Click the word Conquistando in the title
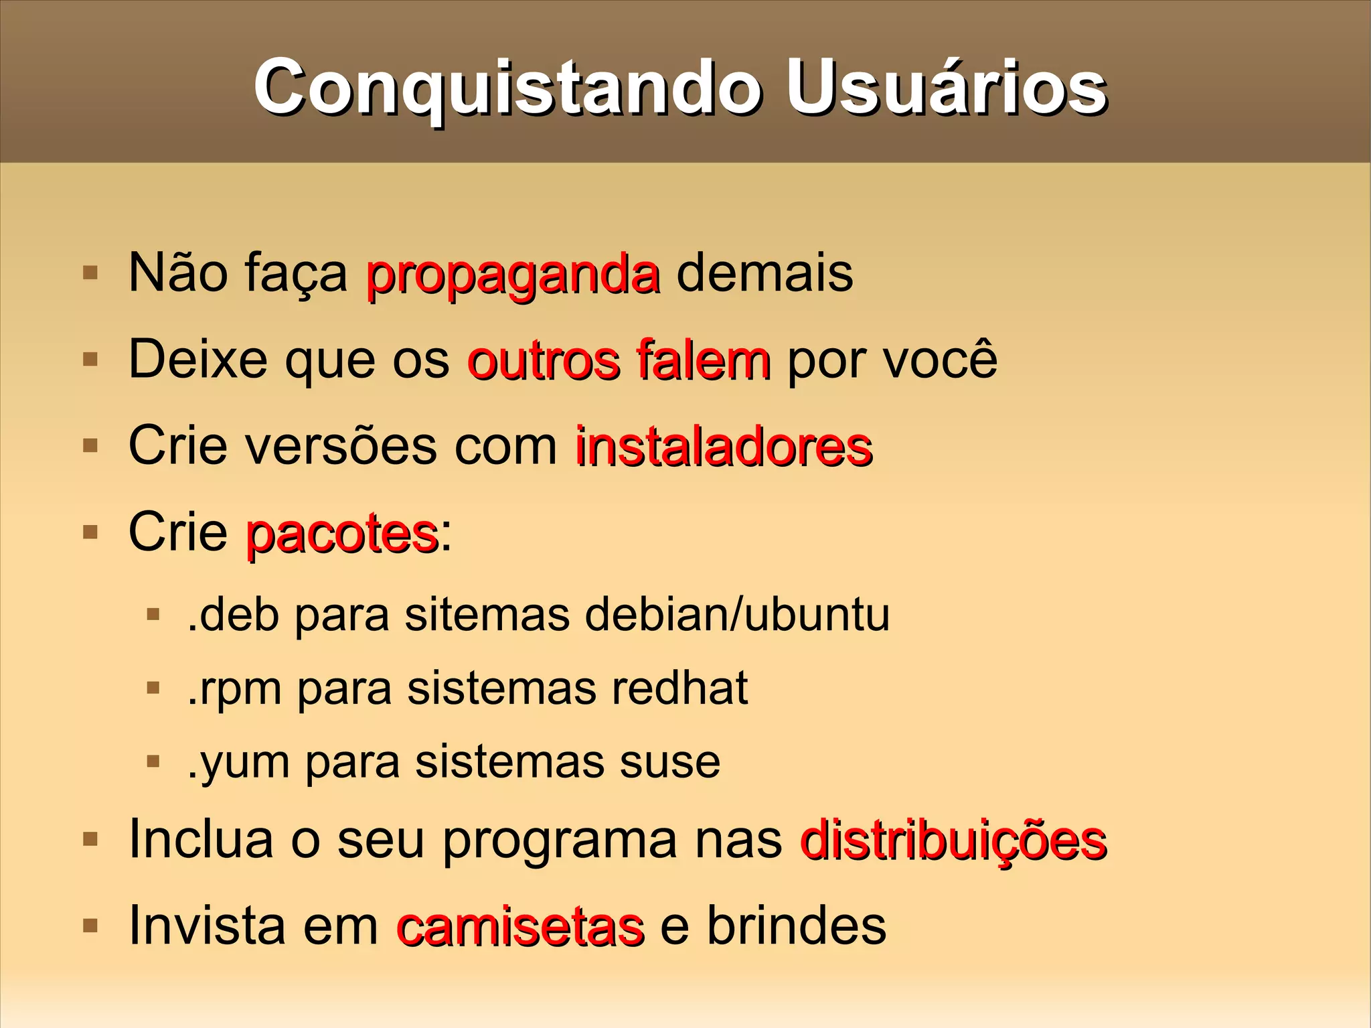507,89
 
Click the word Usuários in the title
946,89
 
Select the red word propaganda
513,275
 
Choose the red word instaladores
724,447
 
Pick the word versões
340,447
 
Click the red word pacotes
342,534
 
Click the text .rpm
234,689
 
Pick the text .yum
238,763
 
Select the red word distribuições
953,840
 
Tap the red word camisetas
520,926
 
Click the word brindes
797,926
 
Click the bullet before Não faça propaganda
90,273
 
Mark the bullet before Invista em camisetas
90,926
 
